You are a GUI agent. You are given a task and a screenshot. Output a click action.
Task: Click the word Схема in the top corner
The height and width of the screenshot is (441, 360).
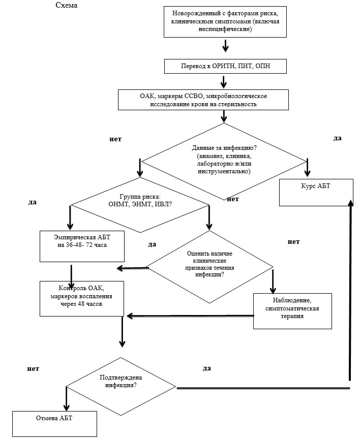point(67,5)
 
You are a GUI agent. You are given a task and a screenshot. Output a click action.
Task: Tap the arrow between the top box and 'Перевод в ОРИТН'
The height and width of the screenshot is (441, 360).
point(225,46)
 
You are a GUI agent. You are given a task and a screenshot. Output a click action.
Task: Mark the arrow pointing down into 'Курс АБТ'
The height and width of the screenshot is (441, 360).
point(307,168)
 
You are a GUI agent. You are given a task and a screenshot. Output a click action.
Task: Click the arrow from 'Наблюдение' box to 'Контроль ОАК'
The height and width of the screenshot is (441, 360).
point(190,316)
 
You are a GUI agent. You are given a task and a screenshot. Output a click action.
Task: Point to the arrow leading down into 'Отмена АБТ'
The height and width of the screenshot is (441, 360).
point(67,399)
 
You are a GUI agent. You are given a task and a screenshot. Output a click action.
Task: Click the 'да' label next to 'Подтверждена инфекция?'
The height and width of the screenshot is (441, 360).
point(207,368)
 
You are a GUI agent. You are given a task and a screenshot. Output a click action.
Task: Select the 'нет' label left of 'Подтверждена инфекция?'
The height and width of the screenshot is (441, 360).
point(33,369)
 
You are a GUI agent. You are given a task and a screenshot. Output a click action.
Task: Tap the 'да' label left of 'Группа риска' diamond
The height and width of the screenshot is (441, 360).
point(33,202)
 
